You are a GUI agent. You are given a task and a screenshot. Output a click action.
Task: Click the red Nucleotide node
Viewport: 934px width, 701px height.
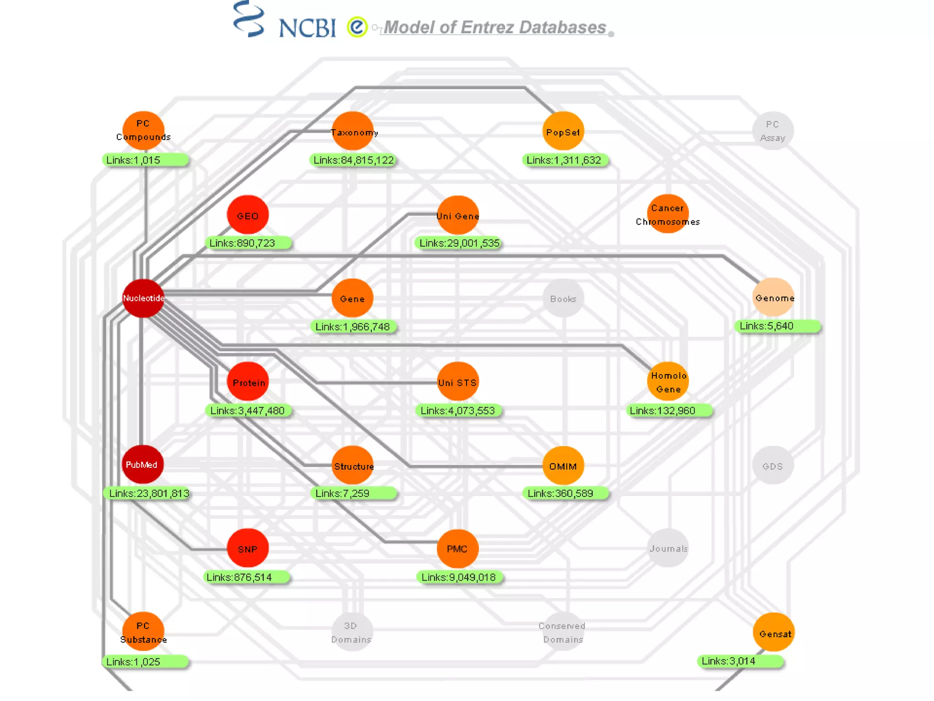click(143, 298)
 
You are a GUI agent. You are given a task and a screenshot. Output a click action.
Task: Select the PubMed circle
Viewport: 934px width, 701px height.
click(142, 465)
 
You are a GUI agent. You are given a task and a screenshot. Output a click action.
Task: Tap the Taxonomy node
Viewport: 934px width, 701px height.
click(353, 131)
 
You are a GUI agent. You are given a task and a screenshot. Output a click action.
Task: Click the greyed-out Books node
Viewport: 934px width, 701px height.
click(563, 299)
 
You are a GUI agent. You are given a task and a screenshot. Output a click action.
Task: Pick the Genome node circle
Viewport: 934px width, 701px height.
click(773, 298)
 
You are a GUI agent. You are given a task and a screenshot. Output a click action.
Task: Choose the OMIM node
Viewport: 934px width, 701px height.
click(563, 466)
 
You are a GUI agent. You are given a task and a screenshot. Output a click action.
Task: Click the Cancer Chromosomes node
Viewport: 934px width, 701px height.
click(668, 214)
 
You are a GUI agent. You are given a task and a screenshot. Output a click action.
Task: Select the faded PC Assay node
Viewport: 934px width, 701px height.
click(773, 131)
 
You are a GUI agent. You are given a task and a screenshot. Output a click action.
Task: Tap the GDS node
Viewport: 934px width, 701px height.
click(773, 466)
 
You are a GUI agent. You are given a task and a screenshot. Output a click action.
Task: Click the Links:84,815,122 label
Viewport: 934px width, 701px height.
click(353, 160)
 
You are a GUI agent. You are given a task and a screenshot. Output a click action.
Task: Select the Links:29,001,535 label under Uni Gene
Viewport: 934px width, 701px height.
click(459, 243)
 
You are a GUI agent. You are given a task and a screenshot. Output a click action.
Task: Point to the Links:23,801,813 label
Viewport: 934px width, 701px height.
click(149, 493)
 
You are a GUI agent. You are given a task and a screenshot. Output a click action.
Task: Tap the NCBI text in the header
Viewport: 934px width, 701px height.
click(307, 28)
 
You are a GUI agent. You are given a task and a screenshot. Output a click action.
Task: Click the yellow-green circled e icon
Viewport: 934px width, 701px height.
click(357, 27)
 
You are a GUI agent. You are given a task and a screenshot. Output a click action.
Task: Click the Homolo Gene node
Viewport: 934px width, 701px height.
click(668, 382)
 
